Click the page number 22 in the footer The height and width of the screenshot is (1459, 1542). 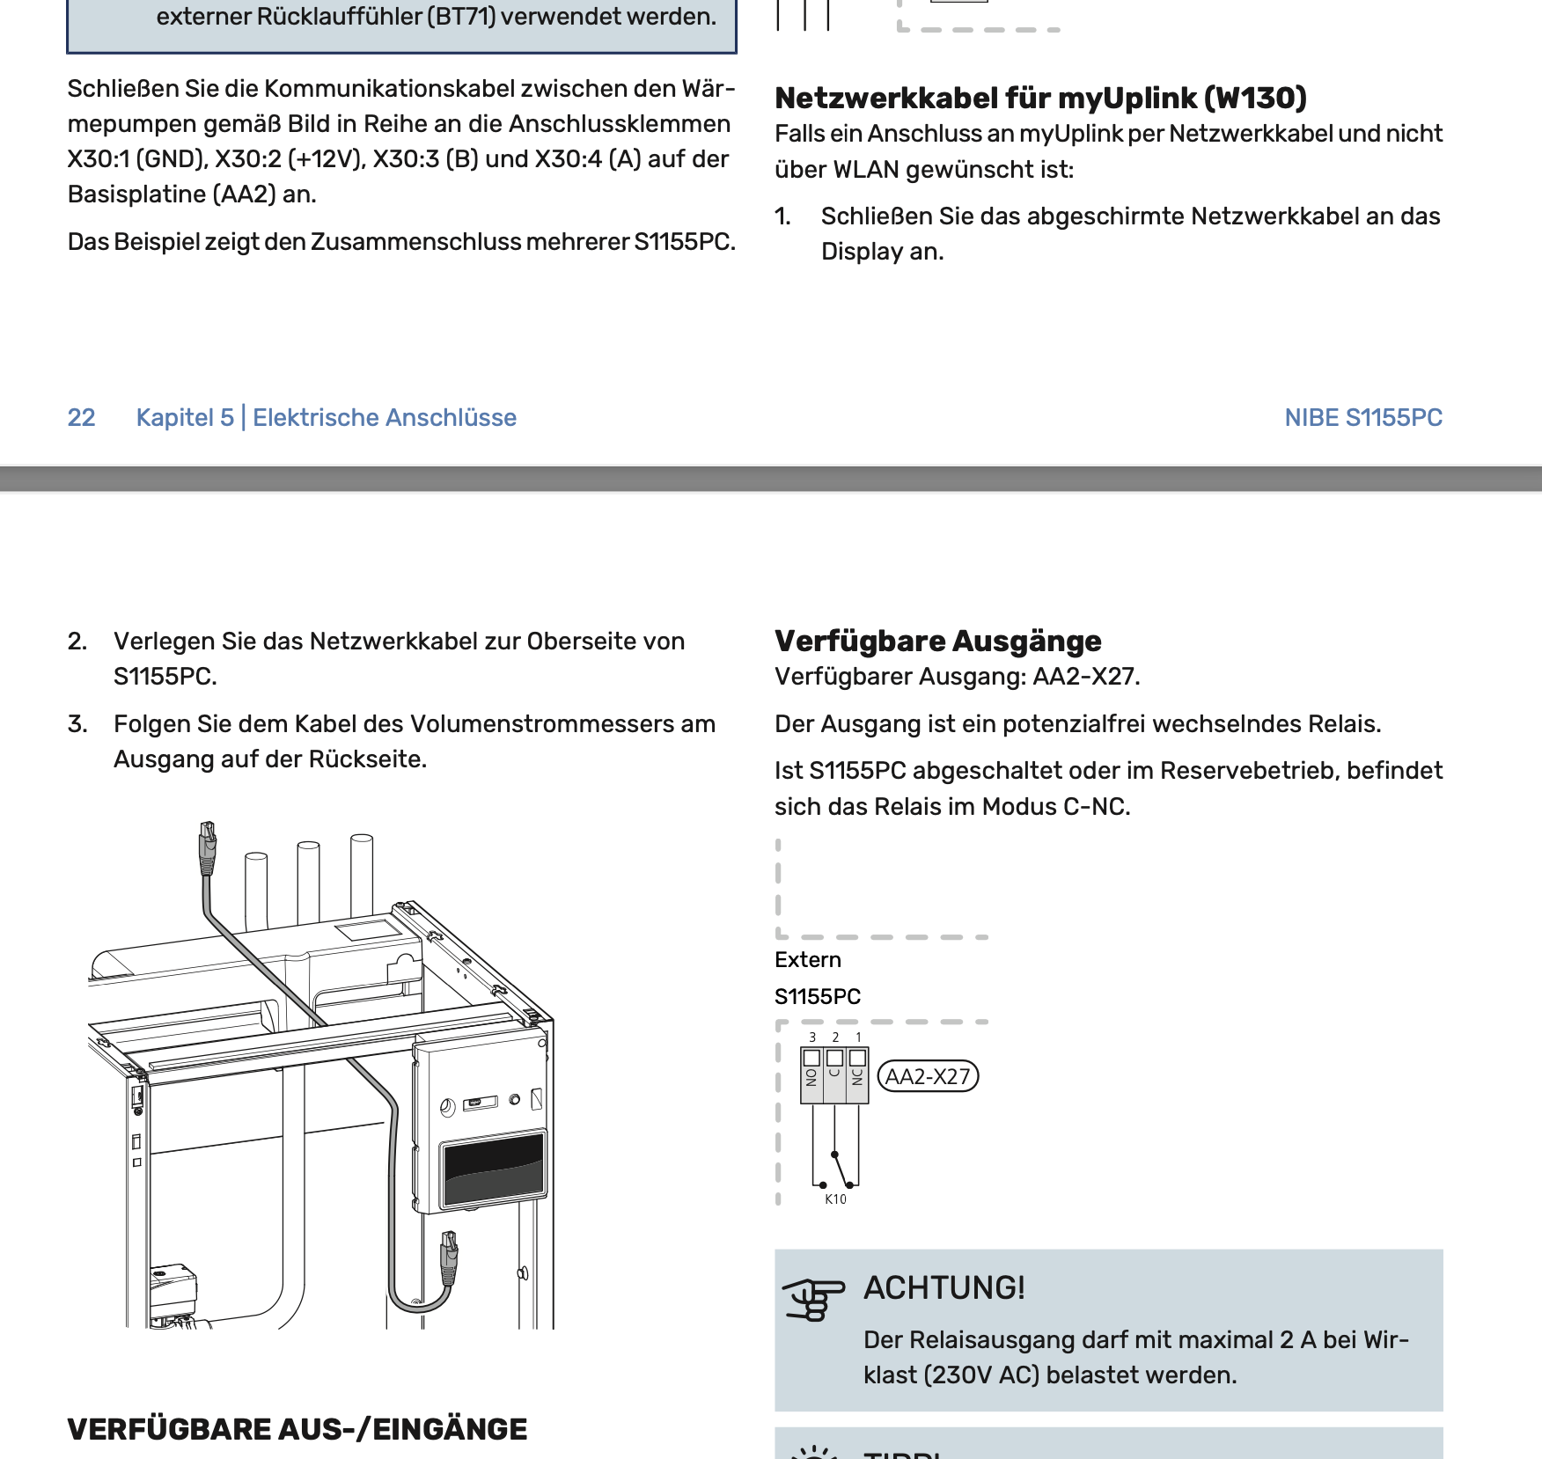81,417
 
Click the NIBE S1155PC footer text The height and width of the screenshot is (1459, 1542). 1362,417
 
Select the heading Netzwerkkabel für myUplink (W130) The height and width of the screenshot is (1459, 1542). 1040,98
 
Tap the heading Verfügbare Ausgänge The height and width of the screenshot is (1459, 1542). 937,641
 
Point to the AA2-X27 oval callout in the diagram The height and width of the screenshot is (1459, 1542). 928,1076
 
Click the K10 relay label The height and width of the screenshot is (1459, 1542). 835,1199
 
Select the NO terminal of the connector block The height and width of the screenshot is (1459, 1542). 811,1074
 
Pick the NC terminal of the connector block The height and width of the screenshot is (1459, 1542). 857,1074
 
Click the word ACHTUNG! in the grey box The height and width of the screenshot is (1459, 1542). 944,1287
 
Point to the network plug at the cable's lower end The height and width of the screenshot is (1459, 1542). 449,1257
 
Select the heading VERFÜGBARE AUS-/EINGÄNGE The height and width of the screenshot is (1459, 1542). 297,1429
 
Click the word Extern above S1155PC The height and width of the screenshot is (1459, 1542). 807,960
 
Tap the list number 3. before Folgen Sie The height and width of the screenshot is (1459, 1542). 77,724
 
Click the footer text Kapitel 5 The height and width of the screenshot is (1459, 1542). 185,417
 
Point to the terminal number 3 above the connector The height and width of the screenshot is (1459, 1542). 812,1037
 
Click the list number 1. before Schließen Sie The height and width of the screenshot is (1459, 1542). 782,216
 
